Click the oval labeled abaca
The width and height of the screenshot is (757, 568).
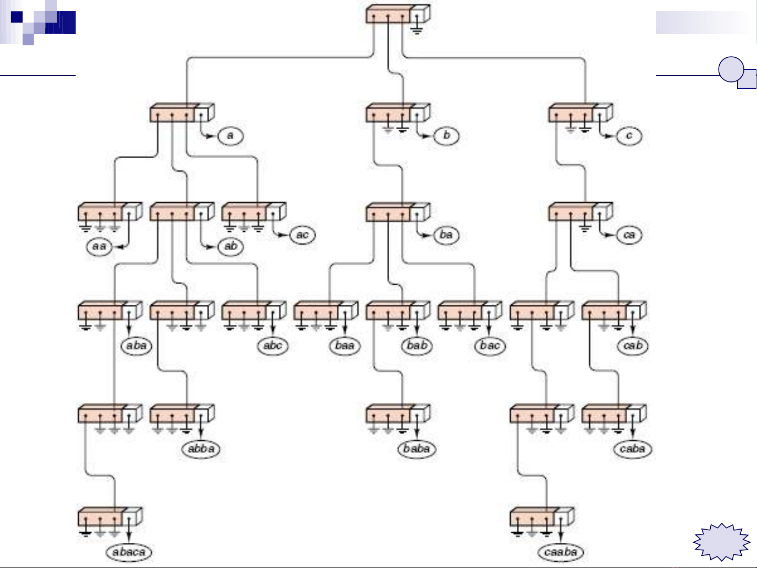point(129,552)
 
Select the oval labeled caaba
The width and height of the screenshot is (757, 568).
point(561,552)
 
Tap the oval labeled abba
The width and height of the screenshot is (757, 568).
point(201,449)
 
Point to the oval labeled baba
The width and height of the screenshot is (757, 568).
point(417,449)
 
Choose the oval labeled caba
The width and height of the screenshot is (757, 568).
point(632,449)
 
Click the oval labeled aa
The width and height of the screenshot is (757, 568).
point(99,246)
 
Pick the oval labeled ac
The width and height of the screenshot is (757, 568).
point(303,235)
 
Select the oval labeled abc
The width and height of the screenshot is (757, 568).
point(273,345)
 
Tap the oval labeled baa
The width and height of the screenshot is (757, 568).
point(345,345)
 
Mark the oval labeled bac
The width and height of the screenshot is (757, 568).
point(489,345)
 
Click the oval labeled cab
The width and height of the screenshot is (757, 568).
point(632,345)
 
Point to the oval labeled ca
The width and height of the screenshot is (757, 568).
point(629,235)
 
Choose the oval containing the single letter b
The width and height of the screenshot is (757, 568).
point(447,136)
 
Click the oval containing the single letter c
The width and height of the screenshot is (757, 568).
point(629,136)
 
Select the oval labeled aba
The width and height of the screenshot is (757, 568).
point(136,345)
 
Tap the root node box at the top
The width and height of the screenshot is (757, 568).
point(397,14)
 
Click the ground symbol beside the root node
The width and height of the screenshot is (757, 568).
point(417,29)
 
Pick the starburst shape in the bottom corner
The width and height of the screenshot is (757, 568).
point(722,542)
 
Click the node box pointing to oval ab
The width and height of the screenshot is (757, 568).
point(181,212)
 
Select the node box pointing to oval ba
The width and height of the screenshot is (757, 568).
point(397,212)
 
